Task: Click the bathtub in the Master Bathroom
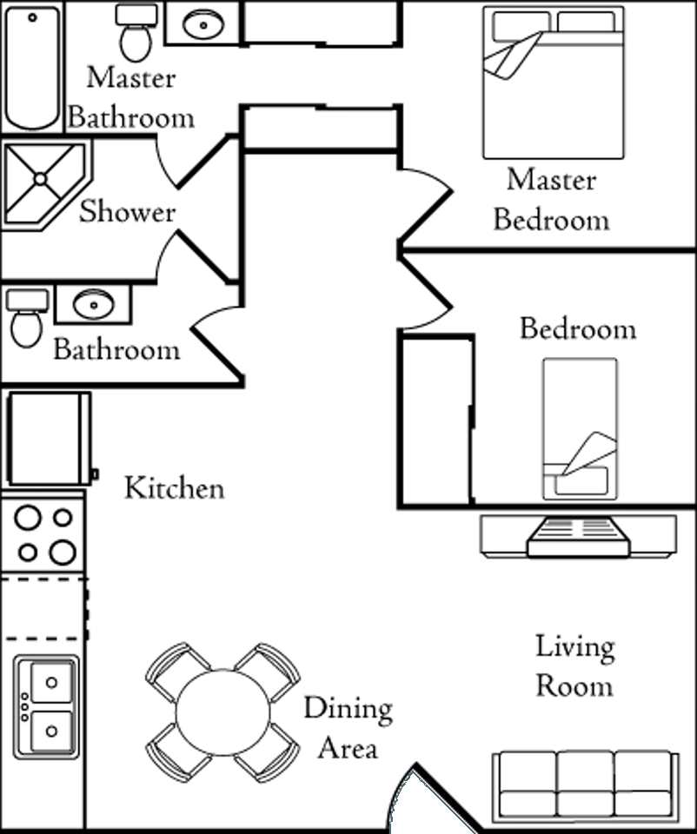[33, 68]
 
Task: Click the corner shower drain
[39, 179]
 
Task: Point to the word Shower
[127, 212]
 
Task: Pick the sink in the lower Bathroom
[93, 304]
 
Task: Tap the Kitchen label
[174, 488]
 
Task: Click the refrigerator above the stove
[50, 439]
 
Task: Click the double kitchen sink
[46, 705]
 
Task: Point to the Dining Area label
[348, 728]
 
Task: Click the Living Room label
[574, 666]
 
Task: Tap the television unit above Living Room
[578, 535]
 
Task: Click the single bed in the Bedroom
[580, 429]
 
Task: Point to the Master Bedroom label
[551, 200]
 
